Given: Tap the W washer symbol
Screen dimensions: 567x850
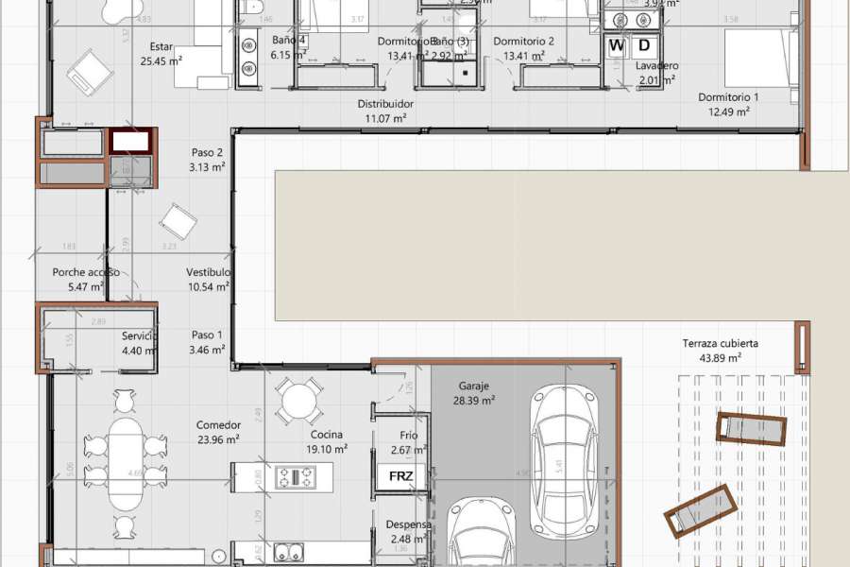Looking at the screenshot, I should pos(617,45).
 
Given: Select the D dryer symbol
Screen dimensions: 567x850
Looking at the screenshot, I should pos(644,45).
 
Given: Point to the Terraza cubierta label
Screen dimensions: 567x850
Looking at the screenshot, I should pos(721,344).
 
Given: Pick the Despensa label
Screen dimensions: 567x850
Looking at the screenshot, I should pos(409,524).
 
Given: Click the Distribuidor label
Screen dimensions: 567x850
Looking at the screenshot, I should pos(385,104).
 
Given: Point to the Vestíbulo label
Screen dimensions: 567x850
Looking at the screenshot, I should pos(209,272).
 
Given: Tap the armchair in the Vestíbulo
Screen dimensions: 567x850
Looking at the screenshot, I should pos(178,223).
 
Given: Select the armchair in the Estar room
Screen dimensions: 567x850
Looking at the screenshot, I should pos(90,71).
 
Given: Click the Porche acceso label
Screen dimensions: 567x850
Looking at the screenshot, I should pos(85,272).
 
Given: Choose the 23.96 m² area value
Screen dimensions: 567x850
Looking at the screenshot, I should pos(218,438).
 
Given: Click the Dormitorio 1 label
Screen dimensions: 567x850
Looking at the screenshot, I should pos(728,97).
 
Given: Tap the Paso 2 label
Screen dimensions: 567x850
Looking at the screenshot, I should pos(207,152).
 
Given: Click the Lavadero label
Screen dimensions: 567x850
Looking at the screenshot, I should pos(656,66).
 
